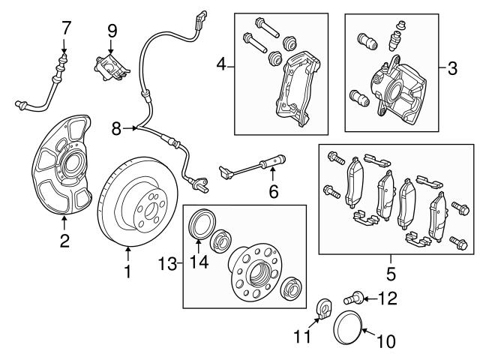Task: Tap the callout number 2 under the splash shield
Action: [64, 241]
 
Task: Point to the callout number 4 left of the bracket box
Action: [221, 66]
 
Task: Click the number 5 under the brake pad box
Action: [388, 268]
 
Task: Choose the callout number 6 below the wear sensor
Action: [274, 193]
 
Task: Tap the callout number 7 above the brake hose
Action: [66, 29]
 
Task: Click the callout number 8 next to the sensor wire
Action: [116, 129]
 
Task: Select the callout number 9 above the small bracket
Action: [112, 31]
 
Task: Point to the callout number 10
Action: [385, 342]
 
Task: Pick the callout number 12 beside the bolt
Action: [388, 299]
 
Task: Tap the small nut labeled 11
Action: [325, 308]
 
